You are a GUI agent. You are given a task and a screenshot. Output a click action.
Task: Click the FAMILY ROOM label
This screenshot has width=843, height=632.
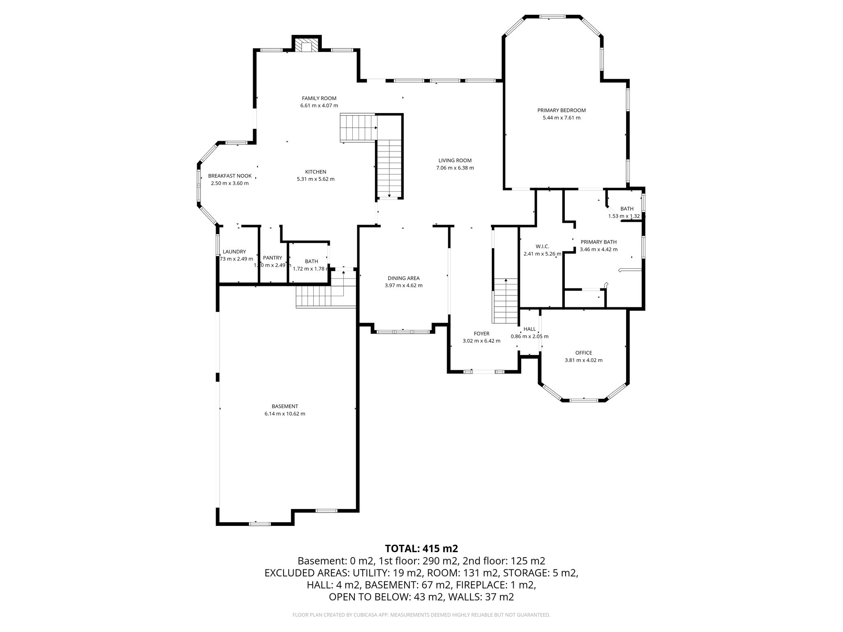pyautogui.click(x=319, y=98)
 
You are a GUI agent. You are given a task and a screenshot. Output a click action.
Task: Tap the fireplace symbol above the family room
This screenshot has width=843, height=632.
pyautogui.click(x=306, y=46)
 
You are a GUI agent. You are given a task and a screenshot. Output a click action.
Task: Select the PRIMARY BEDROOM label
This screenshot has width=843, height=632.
pyautogui.click(x=561, y=110)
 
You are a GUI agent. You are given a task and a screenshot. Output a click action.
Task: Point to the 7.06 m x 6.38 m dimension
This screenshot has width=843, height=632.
pyautogui.click(x=455, y=168)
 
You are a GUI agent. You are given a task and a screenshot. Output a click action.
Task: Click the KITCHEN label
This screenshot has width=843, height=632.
pyautogui.click(x=315, y=172)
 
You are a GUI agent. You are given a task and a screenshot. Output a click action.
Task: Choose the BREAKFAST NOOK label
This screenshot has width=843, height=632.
pyautogui.click(x=230, y=176)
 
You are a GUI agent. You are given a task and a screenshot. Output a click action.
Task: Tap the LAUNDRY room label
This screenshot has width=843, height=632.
pyautogui.click(x=234, y=252)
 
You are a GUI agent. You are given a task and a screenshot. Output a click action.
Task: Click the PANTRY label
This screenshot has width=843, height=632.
pyautogui.click(x=272, y=258)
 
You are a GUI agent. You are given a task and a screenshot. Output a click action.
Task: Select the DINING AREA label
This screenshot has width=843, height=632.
pyautogui.click(x=403, y=278)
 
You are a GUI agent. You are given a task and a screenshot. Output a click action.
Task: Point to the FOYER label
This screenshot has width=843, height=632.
pyautogui.click(x=481, y=334)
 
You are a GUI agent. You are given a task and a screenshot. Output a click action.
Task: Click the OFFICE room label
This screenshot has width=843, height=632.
pyautogui.click(x=583, y=353)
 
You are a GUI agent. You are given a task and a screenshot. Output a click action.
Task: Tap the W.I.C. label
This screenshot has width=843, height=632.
pyautogui.click(x=542, y=246)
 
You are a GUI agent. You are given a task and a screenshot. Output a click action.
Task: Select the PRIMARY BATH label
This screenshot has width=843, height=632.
pyautogui.click(x=598, y=242)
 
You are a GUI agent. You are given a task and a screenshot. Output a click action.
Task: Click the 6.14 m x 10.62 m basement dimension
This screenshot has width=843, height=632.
pyautogui.click(x=284, y=414)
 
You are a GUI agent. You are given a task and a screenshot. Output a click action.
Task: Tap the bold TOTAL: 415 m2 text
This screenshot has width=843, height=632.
pyautogui.click(x=421, y=548)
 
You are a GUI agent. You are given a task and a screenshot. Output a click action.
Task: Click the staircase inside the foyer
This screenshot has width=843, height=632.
pyautogui.click(x=505, y=301)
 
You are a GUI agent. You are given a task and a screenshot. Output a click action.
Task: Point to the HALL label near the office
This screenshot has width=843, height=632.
pyautogui.click(x=529, y=329)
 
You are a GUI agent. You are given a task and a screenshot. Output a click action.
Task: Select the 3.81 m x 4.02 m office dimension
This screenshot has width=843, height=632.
pyautogui.click(x=583, y=360)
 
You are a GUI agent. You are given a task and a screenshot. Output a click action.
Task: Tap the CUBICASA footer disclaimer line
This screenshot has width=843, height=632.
pyautogui.click(x=421, y=615)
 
